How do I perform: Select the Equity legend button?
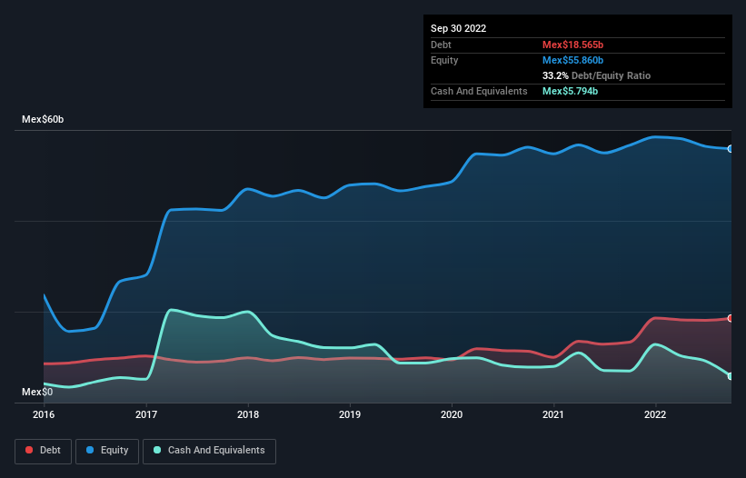point(107,450)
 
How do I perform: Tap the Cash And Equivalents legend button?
point(209,450)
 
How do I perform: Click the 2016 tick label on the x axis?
point(44,415)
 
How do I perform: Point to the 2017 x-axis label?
point(146,415)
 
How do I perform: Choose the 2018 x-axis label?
point(248,415)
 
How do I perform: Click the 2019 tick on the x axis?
point(350,415)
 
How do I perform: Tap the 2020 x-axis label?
point(452,415)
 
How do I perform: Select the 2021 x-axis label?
point(553,415)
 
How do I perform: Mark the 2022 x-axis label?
point(655,415)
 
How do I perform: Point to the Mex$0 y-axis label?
point(38,392)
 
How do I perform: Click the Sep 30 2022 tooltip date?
point(458,28)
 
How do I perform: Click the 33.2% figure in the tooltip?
point(554,75)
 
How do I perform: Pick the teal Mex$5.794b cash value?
point(569,91)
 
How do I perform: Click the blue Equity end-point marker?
point(731,148)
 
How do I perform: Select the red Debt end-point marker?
point(731,318)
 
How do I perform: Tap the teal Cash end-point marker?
point(731,375)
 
